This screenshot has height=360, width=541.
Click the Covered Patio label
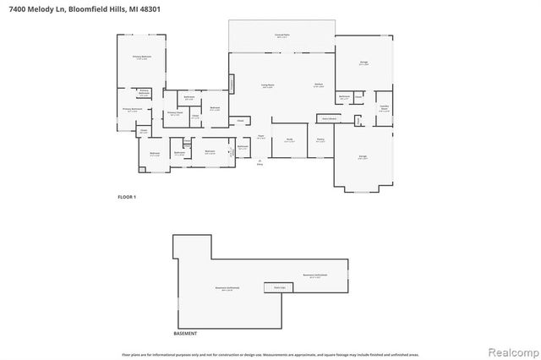tap(281, 35)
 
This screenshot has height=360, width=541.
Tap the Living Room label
tap(268, 85)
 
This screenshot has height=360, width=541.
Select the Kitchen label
tap(320, 85)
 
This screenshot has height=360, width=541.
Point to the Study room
tap(289, 140)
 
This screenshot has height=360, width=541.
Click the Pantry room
tap(321, 140)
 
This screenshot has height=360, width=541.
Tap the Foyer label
tap(262, 136)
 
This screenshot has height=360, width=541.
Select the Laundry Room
tap(383, 108)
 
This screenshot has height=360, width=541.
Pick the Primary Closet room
tap(175, 113)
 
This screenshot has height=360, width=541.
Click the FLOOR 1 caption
tap(127, 196)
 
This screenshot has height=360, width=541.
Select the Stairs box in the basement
tap(279, 288)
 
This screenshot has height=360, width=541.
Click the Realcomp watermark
tap(509, 349)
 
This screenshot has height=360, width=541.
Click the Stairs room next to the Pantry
tap(327, 118)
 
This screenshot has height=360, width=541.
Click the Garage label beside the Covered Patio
tap(363, 63)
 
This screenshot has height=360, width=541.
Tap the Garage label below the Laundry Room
tap(362, 157)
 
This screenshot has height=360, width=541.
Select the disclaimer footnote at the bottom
tap(270, 354)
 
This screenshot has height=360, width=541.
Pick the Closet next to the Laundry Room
tap(359, 97)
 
